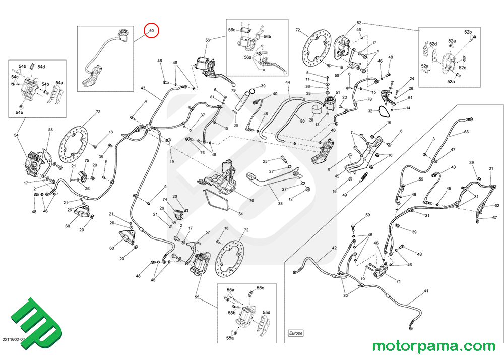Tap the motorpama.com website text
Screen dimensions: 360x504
point(433,346)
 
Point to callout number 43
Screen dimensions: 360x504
point(143,89)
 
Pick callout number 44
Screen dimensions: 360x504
point(288,82)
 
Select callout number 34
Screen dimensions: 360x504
point(240,214)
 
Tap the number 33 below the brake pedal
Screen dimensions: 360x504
point(280,204)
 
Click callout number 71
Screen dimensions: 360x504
point(398,281)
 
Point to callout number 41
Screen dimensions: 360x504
point(426,292)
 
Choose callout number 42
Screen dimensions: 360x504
point(334,249)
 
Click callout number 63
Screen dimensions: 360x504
point(466,132)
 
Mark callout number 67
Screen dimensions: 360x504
point(494,218)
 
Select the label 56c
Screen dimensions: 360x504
point(232,30)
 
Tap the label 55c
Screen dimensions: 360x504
point(260,288)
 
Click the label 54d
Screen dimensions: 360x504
point(41,67)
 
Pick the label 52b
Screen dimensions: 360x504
point(468,32)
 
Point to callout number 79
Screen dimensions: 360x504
point(233,91)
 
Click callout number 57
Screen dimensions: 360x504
point(207,233)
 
